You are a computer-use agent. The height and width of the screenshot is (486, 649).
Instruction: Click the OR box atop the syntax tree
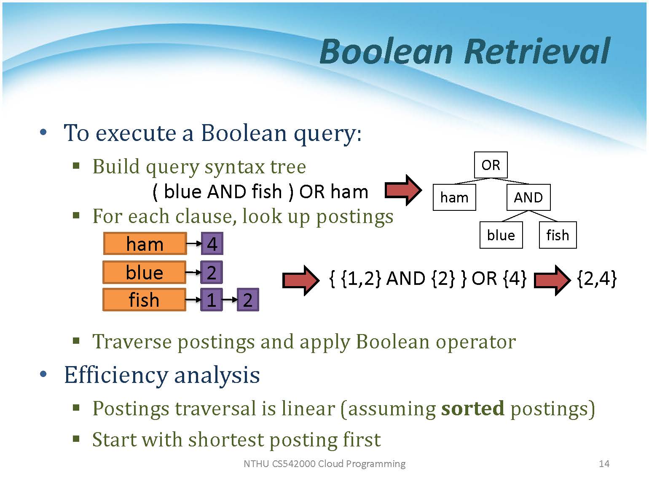(491, 165)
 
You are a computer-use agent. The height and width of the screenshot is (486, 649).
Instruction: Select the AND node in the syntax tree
(528, 197)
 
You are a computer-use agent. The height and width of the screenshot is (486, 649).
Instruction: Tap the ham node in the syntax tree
(454, 197)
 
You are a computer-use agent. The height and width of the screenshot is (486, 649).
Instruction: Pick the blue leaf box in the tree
(501, 235)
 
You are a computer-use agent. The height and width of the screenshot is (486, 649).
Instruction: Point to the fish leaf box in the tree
(558, 235)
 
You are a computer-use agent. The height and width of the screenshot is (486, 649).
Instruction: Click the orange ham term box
(145, 244)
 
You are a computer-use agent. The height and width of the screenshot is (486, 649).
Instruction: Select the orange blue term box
(144, 273)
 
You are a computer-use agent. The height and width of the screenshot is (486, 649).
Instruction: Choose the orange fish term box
(144, 300)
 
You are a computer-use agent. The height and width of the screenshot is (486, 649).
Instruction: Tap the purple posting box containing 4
(212, 244)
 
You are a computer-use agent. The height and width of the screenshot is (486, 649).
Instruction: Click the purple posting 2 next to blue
(212, 273)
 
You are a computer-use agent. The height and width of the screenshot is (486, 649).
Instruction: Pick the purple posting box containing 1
(212, 300)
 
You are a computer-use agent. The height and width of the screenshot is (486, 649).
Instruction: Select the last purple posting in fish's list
(248, 300)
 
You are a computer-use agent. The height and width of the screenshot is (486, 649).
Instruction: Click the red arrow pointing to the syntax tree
(403, 190)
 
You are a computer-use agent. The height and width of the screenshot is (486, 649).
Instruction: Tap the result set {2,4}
(596, 279)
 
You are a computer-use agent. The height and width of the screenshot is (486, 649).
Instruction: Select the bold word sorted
(472, 408)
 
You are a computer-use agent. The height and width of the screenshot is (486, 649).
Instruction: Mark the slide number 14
(604, 464)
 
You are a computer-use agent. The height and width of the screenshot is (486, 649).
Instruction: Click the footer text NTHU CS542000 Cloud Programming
(324, 464)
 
